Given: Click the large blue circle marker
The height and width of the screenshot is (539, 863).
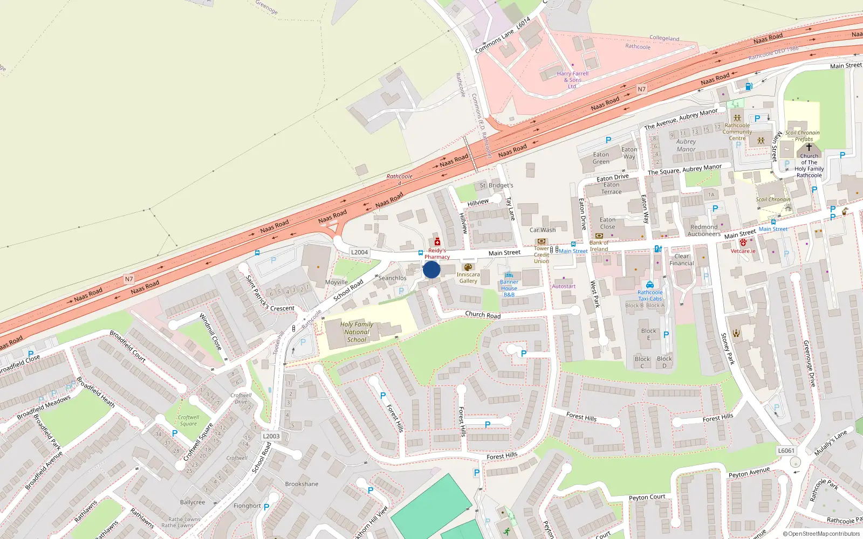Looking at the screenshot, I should point(432,269).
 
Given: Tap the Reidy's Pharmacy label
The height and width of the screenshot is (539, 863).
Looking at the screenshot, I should point(437,254).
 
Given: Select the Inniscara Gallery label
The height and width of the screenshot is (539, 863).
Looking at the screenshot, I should point(468,278).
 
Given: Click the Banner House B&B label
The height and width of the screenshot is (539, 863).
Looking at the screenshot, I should point(509,288).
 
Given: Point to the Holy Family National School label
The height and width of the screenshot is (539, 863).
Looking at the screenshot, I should point(357,332).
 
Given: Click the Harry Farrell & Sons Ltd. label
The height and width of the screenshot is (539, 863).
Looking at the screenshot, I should point(572,80).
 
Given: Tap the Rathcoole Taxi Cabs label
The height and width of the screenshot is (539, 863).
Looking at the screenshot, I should point(650,295).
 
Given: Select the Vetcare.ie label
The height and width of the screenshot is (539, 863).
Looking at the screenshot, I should point(743,251).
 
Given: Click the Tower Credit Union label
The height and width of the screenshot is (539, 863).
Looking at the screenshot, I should point(542,255).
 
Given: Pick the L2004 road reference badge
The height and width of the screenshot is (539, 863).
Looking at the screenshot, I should point(359,252).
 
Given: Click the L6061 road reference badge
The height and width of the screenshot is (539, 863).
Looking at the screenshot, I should point(786,451).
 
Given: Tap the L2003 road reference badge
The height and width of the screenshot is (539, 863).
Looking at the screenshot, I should point(271,437).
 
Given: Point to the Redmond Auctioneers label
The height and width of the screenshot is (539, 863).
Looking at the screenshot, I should point(704,231).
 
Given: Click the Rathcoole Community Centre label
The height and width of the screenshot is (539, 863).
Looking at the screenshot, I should point(737,132).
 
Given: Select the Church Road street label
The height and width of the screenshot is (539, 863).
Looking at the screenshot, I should point(483,315).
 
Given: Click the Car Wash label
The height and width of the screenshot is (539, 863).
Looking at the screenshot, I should point(542,230).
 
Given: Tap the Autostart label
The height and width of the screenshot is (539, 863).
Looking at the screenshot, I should point(564,286).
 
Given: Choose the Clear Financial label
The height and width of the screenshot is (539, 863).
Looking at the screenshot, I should point(682,260).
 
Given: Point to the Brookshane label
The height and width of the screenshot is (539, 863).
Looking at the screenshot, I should point(302,484).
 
